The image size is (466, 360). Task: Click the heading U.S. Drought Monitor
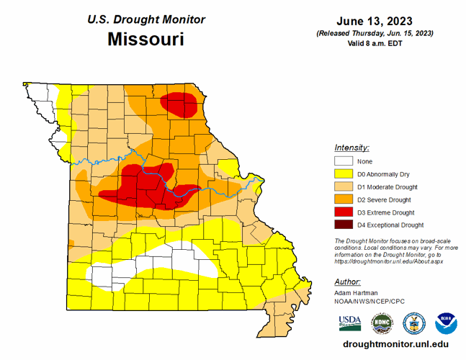(x=145, y=19)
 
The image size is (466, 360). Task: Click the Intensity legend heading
(x=351, y=147)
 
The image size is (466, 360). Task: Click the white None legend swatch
(x=343, y=161)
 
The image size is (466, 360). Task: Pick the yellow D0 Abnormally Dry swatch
(x=343, y=174)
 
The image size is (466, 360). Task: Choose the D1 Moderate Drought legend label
(x=385, y=187)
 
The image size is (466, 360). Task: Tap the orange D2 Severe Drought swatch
(x=343, y=199)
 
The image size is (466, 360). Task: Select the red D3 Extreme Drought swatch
(x=343, y=212)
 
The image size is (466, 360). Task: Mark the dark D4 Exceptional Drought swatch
(x=343, y=225)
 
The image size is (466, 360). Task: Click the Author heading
(x=348, y=282)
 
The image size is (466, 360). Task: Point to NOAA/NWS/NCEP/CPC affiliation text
(x=369, y=302)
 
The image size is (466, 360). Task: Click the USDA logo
(x=350, y=322)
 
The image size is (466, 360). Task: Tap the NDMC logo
(x=382, y=322)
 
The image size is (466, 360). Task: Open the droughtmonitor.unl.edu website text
(x=391, y=346)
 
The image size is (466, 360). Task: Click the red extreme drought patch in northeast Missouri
(x=179, y=104)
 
